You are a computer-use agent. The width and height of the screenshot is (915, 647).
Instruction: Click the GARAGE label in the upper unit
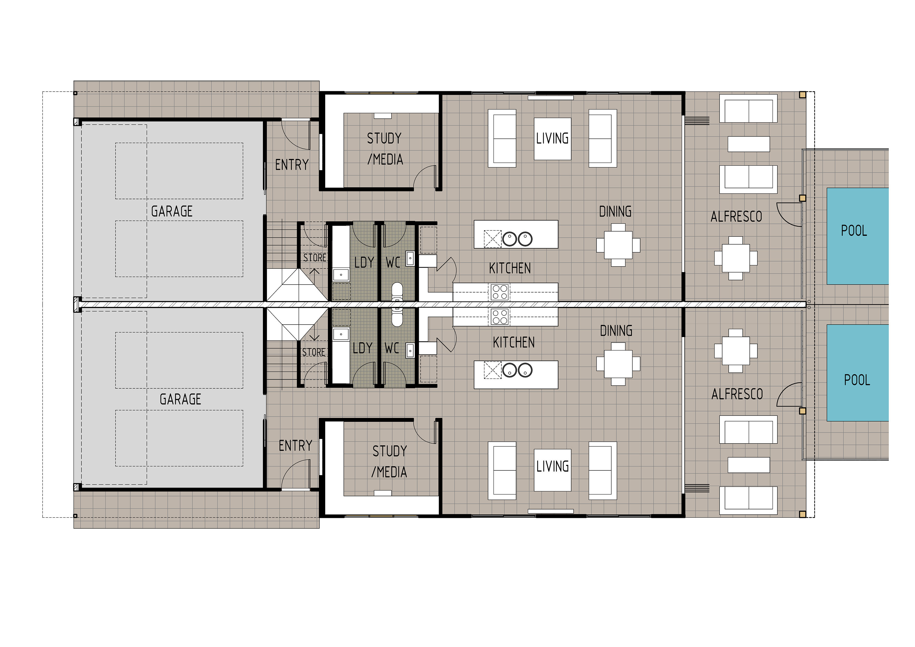tap(172, 211)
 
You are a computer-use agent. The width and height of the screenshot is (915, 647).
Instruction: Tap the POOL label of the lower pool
tap(857, 380)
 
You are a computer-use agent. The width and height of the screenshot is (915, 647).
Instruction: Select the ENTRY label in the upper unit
tap(292, 165)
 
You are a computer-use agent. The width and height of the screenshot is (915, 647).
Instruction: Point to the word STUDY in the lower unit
tap(389, 451)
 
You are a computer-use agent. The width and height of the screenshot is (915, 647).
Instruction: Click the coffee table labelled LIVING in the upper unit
tap(552, 139)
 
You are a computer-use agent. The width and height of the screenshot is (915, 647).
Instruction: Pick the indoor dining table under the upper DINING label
tap(618, 245)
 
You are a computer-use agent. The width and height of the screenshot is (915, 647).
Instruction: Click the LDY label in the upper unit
tap(364, 262)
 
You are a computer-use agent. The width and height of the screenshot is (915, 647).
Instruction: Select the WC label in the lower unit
tap(392, 348)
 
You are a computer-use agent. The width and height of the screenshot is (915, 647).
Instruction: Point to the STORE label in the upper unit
tap(314, 258)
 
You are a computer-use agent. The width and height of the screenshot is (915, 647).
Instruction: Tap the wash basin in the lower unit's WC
tap(410, 351)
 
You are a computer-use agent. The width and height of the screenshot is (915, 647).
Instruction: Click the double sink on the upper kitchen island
tap(517, 239)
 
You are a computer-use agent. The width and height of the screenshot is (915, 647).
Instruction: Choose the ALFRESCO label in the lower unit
tap(737, 394)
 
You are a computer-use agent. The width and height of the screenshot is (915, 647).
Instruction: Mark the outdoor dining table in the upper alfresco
tap(736, 258)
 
